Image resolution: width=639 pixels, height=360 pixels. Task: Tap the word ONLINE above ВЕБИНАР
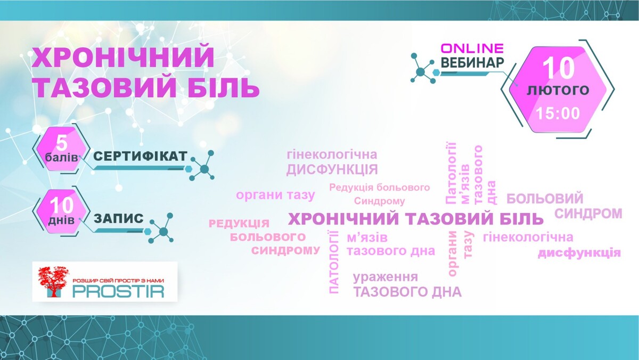tap(472, 48)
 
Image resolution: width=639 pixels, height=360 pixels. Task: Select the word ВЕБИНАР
tap(472, 63)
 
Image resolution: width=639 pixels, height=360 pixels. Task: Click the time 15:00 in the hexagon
tap(558, 113)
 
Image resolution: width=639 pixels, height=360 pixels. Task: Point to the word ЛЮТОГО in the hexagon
tap(558, 91)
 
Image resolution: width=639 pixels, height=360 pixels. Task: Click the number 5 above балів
tap(62, 143)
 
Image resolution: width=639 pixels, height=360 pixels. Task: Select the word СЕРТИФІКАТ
tap(141, 156)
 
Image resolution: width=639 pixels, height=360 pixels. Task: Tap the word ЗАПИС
tap(119, 218)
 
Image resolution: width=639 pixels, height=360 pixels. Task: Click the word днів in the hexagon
tap(61, 220)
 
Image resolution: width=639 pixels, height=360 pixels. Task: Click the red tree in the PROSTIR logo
tap(53, 282)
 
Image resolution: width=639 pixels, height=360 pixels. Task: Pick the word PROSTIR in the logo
tap(118, 291)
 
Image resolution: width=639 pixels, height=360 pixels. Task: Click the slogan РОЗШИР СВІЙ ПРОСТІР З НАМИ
tap(118, 281)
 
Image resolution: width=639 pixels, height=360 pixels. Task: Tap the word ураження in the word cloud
tap(386, 277)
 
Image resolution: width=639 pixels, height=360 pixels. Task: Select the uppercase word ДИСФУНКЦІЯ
tap(332, 169)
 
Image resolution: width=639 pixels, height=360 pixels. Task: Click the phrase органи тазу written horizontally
tap(276, 195)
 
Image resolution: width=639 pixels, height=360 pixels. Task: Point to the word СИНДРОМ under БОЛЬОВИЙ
tap(588, 214)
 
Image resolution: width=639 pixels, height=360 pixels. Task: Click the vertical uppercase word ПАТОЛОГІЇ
tap(333, 262)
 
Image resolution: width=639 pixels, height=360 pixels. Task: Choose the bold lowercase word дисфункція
tap(579, 253)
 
